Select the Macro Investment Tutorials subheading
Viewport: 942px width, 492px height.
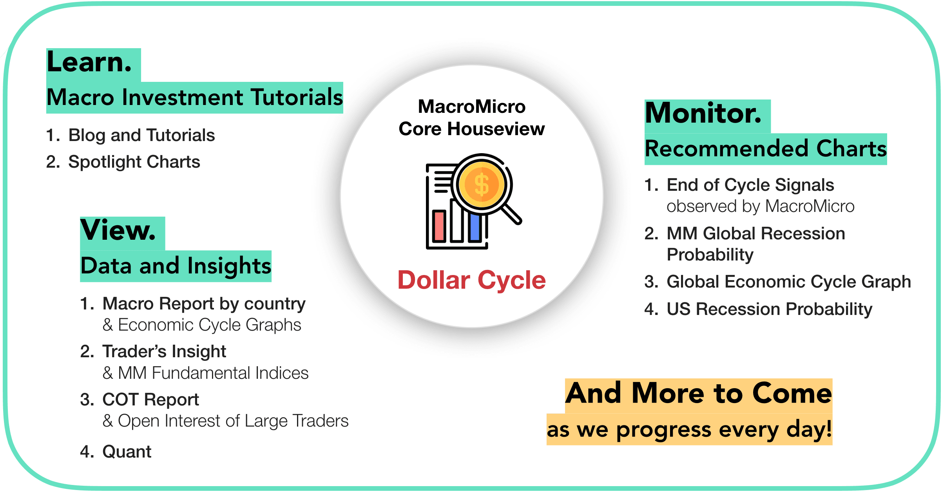tap(194, 98)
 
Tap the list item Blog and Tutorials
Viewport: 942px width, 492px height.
tap(141, 135)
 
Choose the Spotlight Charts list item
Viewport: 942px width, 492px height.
tap(134, 162)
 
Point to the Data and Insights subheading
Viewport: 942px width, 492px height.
tap(176, 266)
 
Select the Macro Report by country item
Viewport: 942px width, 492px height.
tap(204, 304)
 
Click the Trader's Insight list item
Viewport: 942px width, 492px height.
tap(164, 352)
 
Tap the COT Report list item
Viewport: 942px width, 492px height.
tap(150, 400)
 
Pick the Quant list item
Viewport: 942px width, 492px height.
tap(127, 452)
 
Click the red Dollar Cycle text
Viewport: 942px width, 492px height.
tap(471, 280)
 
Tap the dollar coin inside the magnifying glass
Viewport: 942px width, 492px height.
tap(481, 184)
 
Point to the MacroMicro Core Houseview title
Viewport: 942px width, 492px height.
tap(471, 118)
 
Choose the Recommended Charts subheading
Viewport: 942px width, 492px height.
tap(765, 149)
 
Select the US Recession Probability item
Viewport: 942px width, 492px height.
tap(769, 309)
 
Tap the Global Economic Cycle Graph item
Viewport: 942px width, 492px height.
tap(788, 282)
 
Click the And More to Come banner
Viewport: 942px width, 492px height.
tap(698, 394)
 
